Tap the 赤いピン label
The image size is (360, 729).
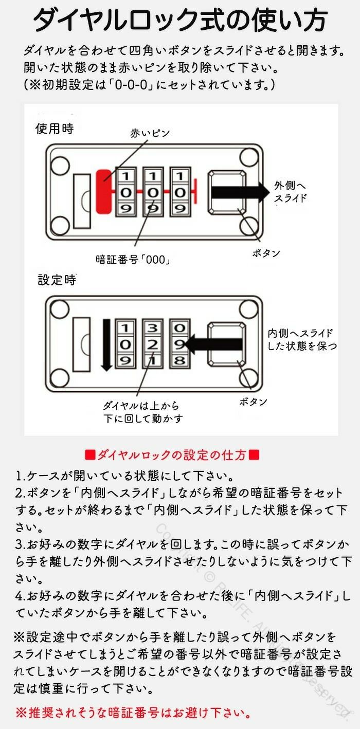(150, 133)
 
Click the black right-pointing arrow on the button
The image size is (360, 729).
(240, 192)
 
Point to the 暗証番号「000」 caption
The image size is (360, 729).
(133, 260)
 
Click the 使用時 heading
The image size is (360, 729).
(55, 129)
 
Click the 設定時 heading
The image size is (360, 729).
(57, 280)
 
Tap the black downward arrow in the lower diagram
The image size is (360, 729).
(106, 344)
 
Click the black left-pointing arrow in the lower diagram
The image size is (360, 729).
(213, 344)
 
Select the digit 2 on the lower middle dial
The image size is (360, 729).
(152, 344)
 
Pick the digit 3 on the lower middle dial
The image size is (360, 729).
(152, 328)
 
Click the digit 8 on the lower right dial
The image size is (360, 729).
(179, 360)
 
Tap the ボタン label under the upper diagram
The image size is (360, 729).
(266, 253)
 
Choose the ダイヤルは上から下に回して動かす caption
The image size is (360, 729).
(143, 412)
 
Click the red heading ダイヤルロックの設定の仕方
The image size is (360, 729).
(172, 454)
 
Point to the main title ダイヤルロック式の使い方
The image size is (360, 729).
(180, 21)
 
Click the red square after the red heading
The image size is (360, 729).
(254, 454)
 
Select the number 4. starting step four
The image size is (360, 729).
(20, 596)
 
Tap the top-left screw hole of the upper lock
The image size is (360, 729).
(60, 165)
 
